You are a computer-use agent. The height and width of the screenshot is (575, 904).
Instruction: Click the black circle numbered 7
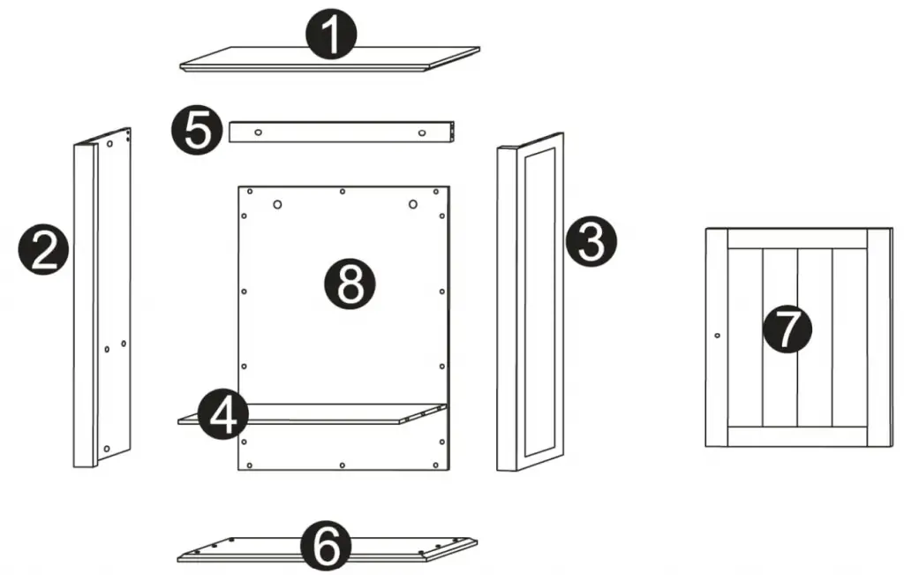(786, 329)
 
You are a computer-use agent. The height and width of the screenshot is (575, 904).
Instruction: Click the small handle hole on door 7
(716, 336)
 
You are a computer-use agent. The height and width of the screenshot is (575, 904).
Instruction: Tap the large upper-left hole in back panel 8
(277, 205)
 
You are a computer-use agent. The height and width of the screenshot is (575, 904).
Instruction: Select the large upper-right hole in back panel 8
(412, 205)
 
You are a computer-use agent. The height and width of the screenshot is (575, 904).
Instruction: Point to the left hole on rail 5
(258, 132)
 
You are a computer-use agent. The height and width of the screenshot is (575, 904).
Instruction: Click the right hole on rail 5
(421, 132)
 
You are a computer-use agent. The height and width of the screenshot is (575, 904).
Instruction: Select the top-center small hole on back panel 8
(343, 191)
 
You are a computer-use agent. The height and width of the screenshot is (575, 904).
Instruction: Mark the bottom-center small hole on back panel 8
(343, 464)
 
